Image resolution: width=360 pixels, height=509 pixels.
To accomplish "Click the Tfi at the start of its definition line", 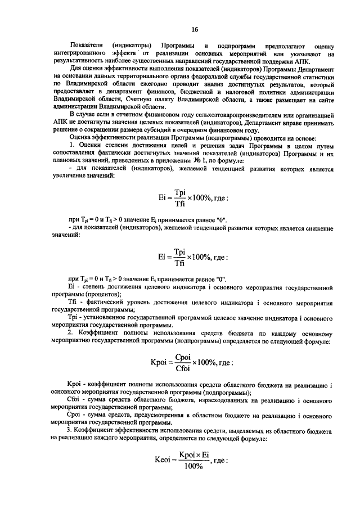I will (x=71, y=302).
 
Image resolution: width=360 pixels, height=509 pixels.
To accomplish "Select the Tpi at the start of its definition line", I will (x=71, y=318).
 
